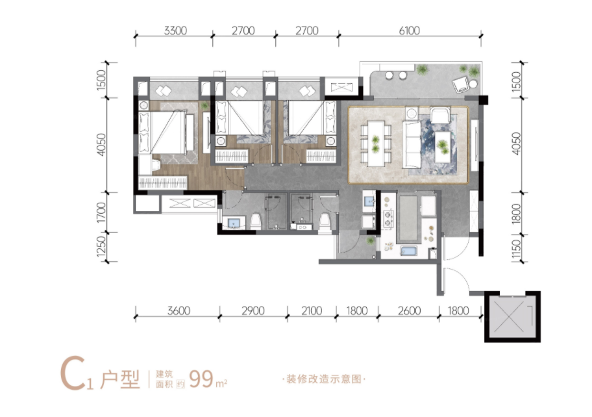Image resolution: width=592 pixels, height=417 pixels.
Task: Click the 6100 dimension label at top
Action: tap(409, 31)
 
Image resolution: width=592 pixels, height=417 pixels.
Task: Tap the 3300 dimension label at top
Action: tap(175, 31)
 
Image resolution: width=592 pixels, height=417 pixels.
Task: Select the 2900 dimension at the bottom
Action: tap(253, 311)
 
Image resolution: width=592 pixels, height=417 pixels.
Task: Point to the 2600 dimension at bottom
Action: tap(409, 311)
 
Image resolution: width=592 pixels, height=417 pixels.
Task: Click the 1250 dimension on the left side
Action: tap(101, 246)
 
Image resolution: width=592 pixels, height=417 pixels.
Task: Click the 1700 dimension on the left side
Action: tap(101, 212)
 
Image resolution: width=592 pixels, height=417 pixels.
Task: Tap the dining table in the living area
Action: tap(376, 143)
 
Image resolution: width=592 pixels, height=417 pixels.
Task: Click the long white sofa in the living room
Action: tap(412, 144)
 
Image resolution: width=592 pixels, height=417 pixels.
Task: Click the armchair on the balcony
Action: tap(461, 85)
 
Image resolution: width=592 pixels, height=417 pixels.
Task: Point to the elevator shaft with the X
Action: tap(512, 317)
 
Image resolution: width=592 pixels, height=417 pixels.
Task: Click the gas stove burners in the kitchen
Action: tap(388, 219)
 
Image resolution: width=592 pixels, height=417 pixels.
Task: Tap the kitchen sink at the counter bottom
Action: tap(408, 251)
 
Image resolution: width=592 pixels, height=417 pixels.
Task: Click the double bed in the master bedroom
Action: tap(166, 133)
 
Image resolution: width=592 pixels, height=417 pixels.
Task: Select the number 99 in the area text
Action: tap(201, 379)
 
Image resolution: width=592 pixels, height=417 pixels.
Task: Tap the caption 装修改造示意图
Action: tap(323, 379)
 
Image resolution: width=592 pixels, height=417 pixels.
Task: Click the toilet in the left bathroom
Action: tap(256, 221)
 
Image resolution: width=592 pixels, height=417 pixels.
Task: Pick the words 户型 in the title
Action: tap(120, 379)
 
